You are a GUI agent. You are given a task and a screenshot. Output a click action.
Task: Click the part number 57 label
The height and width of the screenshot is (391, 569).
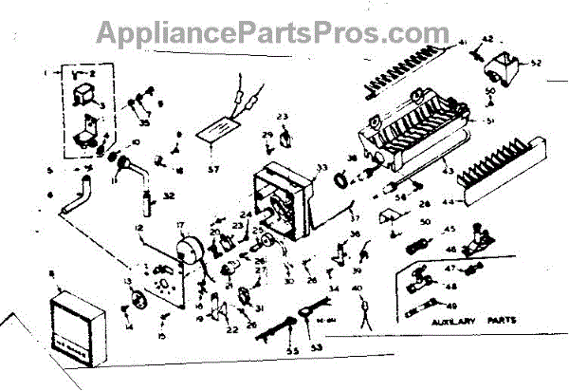[213, 170]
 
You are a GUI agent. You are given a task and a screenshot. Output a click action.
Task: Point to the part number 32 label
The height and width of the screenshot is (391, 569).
[168, 198]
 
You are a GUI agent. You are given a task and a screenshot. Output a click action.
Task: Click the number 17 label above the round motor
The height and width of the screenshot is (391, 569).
[177, 225]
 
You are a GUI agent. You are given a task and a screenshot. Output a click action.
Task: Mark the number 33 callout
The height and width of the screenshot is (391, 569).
[321, 168]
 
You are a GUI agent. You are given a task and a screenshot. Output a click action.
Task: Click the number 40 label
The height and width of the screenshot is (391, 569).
[356, 289]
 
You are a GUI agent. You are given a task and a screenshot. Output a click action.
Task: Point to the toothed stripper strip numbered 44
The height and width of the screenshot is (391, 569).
[499, 171]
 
